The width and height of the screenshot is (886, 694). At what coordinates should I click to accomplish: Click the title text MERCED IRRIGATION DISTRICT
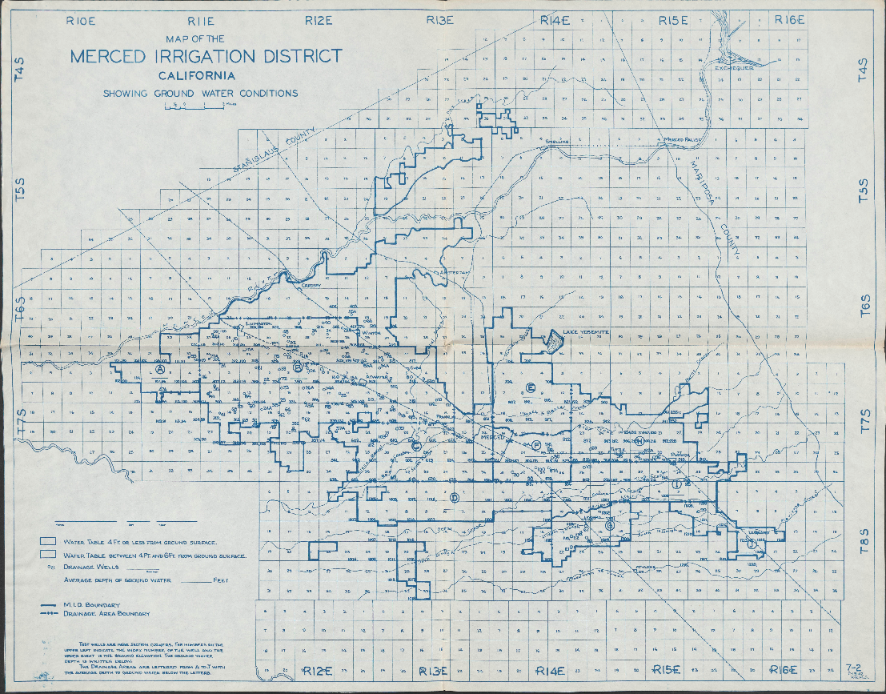tap(206, 57)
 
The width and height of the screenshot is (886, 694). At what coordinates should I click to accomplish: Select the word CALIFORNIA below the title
tap(197, 77)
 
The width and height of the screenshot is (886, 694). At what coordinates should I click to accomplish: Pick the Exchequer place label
tap(735, 68)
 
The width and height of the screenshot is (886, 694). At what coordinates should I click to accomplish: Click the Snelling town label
tap(556, 142)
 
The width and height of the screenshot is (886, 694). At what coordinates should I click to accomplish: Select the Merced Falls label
tap(683, 140)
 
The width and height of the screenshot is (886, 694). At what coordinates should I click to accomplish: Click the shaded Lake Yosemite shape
tap(554, 342)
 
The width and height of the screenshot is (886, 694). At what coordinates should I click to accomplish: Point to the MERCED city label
tap(493, 437)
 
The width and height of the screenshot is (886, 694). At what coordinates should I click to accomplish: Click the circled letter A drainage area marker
tap(161, 371)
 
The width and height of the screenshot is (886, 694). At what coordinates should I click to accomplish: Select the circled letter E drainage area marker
tap(530, 388)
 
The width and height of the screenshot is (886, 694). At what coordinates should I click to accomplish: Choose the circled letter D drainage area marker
tap(454, 498)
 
